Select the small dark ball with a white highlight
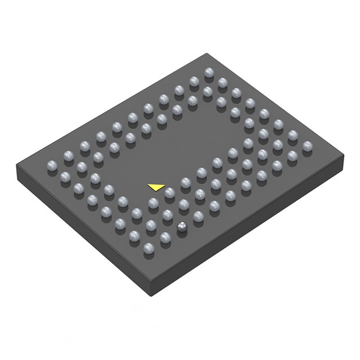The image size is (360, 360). coord(182,226)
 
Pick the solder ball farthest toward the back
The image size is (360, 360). coord(209,72)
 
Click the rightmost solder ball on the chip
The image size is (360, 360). coord(307,146)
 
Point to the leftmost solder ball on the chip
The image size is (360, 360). coord(51,165)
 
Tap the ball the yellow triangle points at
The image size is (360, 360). coord(169,193)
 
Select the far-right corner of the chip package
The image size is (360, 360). coord(344,159)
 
